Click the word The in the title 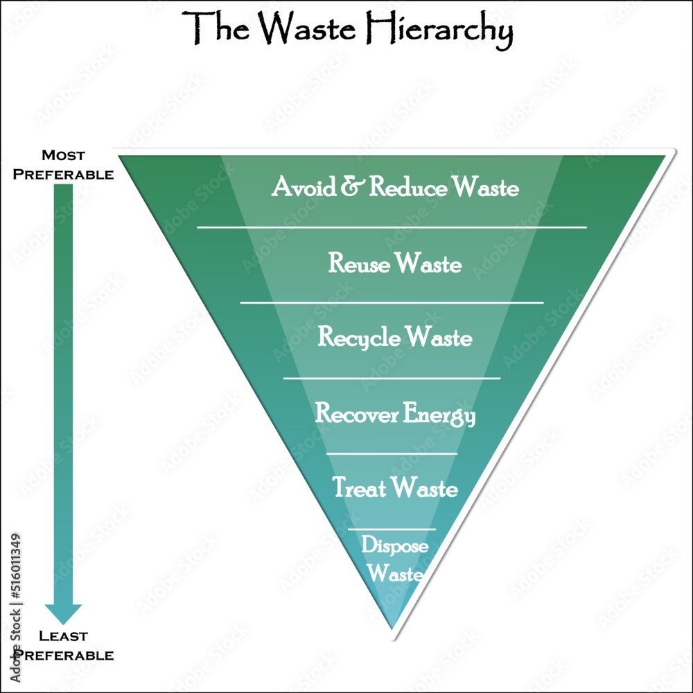coord(216,28)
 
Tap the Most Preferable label coord(63,165)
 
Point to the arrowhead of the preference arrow coord(63,613)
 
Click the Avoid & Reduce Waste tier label coord(395,186)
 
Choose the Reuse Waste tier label coord(395,263)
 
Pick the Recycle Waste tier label coord(395,337)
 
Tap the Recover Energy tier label coord(395,414)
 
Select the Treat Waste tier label coord(395,487)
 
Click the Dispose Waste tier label coord(395,559)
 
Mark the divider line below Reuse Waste coord(392,303)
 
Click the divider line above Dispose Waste coord(392,529)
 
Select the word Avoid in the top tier coord(304,186)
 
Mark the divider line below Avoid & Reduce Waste coord(392,227)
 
